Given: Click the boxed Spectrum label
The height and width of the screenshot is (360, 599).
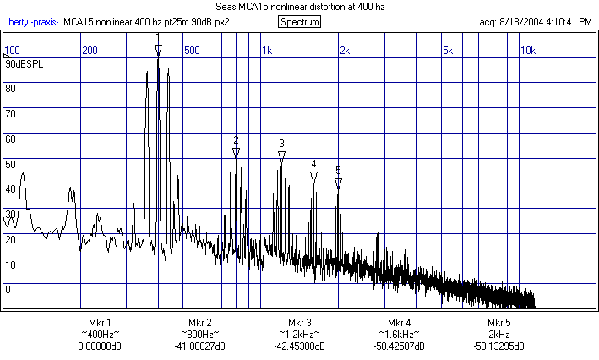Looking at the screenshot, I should pos(299,21).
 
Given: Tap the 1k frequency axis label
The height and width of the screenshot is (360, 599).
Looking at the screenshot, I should pos(267,51).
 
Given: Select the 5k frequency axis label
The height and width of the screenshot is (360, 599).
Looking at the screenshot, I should pos(448,51).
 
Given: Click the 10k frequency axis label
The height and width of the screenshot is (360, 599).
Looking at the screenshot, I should pos(527,51).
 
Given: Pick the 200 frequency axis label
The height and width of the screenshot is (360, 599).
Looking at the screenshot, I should pos(90,51).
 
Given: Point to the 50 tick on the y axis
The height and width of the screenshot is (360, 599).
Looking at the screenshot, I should pos(10,164).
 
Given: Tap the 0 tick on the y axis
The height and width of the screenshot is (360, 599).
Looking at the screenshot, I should pos(8,289).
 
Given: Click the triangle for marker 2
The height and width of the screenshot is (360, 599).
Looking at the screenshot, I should pos(236,152).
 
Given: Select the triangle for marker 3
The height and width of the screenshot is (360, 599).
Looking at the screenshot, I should pos(281,155).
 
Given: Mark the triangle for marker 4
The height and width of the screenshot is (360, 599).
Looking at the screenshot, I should pos(313,176).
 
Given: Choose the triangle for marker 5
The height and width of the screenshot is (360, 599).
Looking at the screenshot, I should pos(338,182).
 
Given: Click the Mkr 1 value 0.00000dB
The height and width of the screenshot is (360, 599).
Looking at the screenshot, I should pos(100,346).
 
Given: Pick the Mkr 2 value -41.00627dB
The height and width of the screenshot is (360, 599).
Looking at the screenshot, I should pos(199,346).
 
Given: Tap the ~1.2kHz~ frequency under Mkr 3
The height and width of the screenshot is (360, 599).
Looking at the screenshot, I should pos(300,335).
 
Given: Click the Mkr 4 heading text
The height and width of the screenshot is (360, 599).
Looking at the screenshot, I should pos(400,323).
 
